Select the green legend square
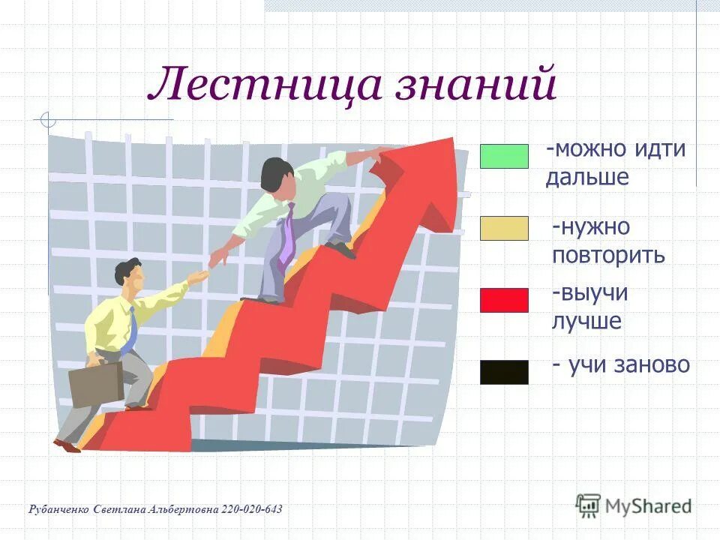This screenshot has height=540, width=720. pyautogui.click(x=504, y=155)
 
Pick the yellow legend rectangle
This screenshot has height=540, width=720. pyautogui.click(x=504, y=228)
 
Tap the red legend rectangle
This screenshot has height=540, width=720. pyautogui.click(x=504, y=300)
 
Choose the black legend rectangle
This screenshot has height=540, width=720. pyautogui.click(x=504, y=372)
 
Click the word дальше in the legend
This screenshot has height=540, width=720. pyautogui.click(x=587, y=178)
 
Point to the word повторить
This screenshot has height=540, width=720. pyautogui.click(x=608, y=254)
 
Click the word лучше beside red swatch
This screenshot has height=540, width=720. pyautogui.click(x=586, y=322)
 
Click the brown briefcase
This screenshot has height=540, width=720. pyautogui.click(x=95, y=384)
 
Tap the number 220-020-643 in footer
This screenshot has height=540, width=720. pyautogui.click(x=252, y=509)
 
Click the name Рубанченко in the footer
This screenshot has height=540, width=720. pyautogui.click(x=60, y=509)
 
